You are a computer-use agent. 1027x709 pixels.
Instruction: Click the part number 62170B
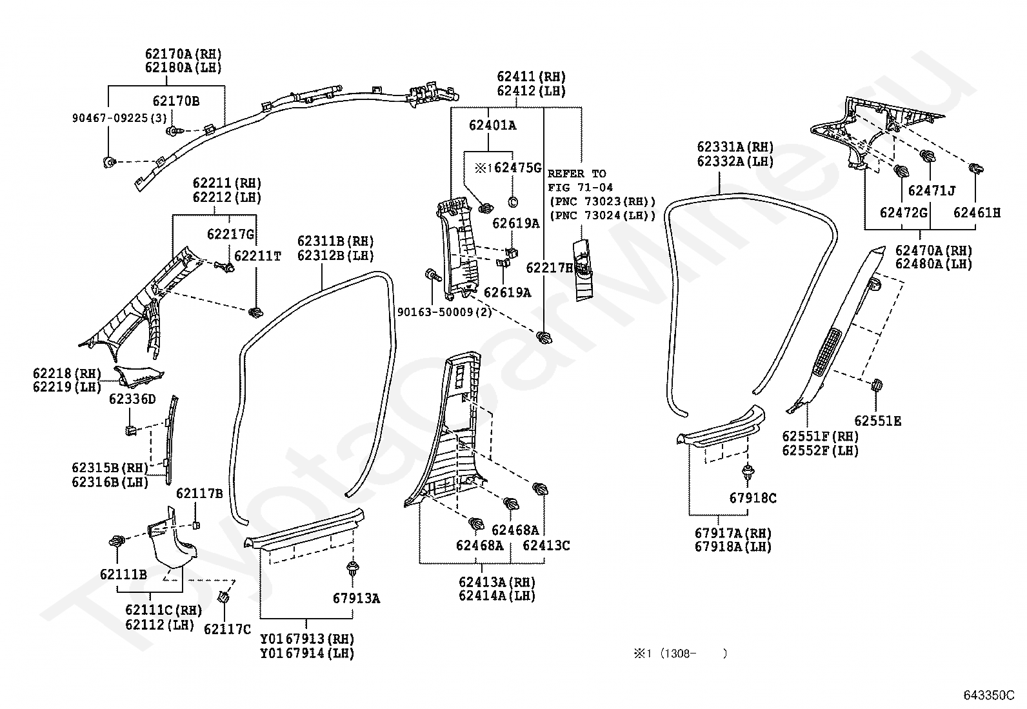(176, 101)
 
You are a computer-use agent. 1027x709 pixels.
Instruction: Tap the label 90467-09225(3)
(119, 118)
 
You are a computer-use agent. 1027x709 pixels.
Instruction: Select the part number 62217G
(230, 234)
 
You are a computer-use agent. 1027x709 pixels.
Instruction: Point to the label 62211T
(257, 256)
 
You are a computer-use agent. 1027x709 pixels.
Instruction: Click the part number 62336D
(132, 399)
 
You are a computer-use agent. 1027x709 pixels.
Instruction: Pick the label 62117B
(199, 494)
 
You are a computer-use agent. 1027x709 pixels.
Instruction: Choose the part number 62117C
(228, 629)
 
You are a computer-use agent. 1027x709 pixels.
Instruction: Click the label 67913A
(356, 599)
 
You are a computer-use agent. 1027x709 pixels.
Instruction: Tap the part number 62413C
(546, 545)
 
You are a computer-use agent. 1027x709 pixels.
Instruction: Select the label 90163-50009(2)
(444, 312)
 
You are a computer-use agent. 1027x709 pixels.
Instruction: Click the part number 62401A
(492, 125)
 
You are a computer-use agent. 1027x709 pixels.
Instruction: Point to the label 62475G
(517, 168)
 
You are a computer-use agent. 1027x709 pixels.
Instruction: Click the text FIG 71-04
(580, 188)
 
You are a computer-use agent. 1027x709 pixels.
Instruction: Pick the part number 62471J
(932, 190)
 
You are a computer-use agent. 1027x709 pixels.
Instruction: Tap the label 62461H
(977, 213)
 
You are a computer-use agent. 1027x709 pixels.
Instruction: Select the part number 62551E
(877, 421)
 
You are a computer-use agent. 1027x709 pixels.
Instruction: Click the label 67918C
(753, 498)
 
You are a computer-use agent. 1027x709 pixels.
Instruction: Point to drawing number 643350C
(989, 695)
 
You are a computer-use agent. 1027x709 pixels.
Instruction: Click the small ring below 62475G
(513, 202)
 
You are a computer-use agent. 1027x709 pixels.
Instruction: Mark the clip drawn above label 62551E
(876, 384)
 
